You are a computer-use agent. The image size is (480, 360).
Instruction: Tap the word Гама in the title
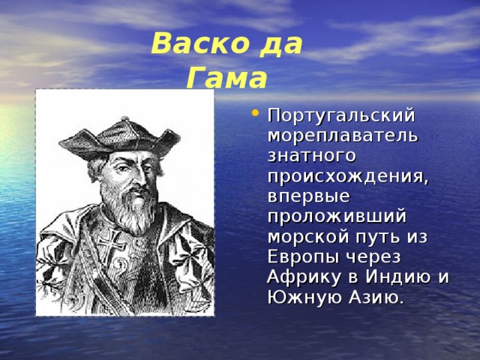(226, 77)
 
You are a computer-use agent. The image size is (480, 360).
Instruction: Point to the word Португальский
(341, 116)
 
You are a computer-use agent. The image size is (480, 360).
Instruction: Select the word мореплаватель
(343, 136)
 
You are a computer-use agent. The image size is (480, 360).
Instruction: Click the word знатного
(312, 156)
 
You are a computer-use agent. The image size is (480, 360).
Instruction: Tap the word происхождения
(348, 177)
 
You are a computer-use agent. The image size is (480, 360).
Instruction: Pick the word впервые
(309, 196)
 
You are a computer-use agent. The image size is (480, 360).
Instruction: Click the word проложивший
(337, 217)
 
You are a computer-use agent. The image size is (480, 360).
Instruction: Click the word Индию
(397, 277)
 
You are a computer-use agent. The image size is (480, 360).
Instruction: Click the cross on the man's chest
(111, 244)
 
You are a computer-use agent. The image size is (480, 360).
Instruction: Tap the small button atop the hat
(125, 118)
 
